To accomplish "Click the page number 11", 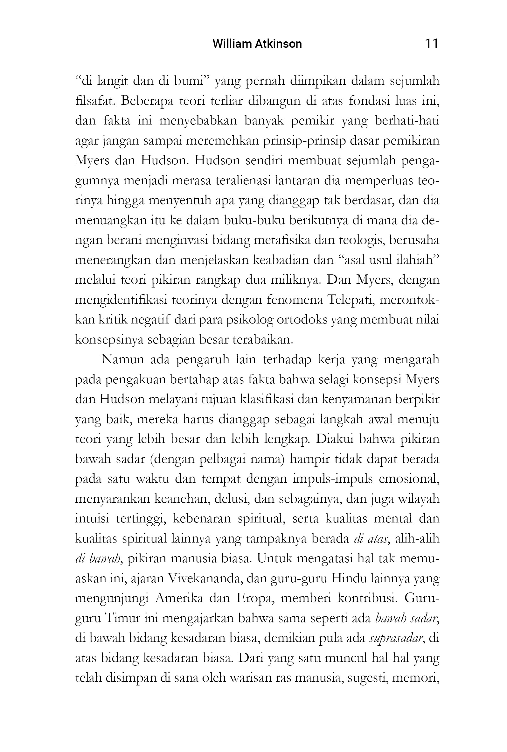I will [x=431, y=43].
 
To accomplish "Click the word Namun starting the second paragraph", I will [x=122, y=359].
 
